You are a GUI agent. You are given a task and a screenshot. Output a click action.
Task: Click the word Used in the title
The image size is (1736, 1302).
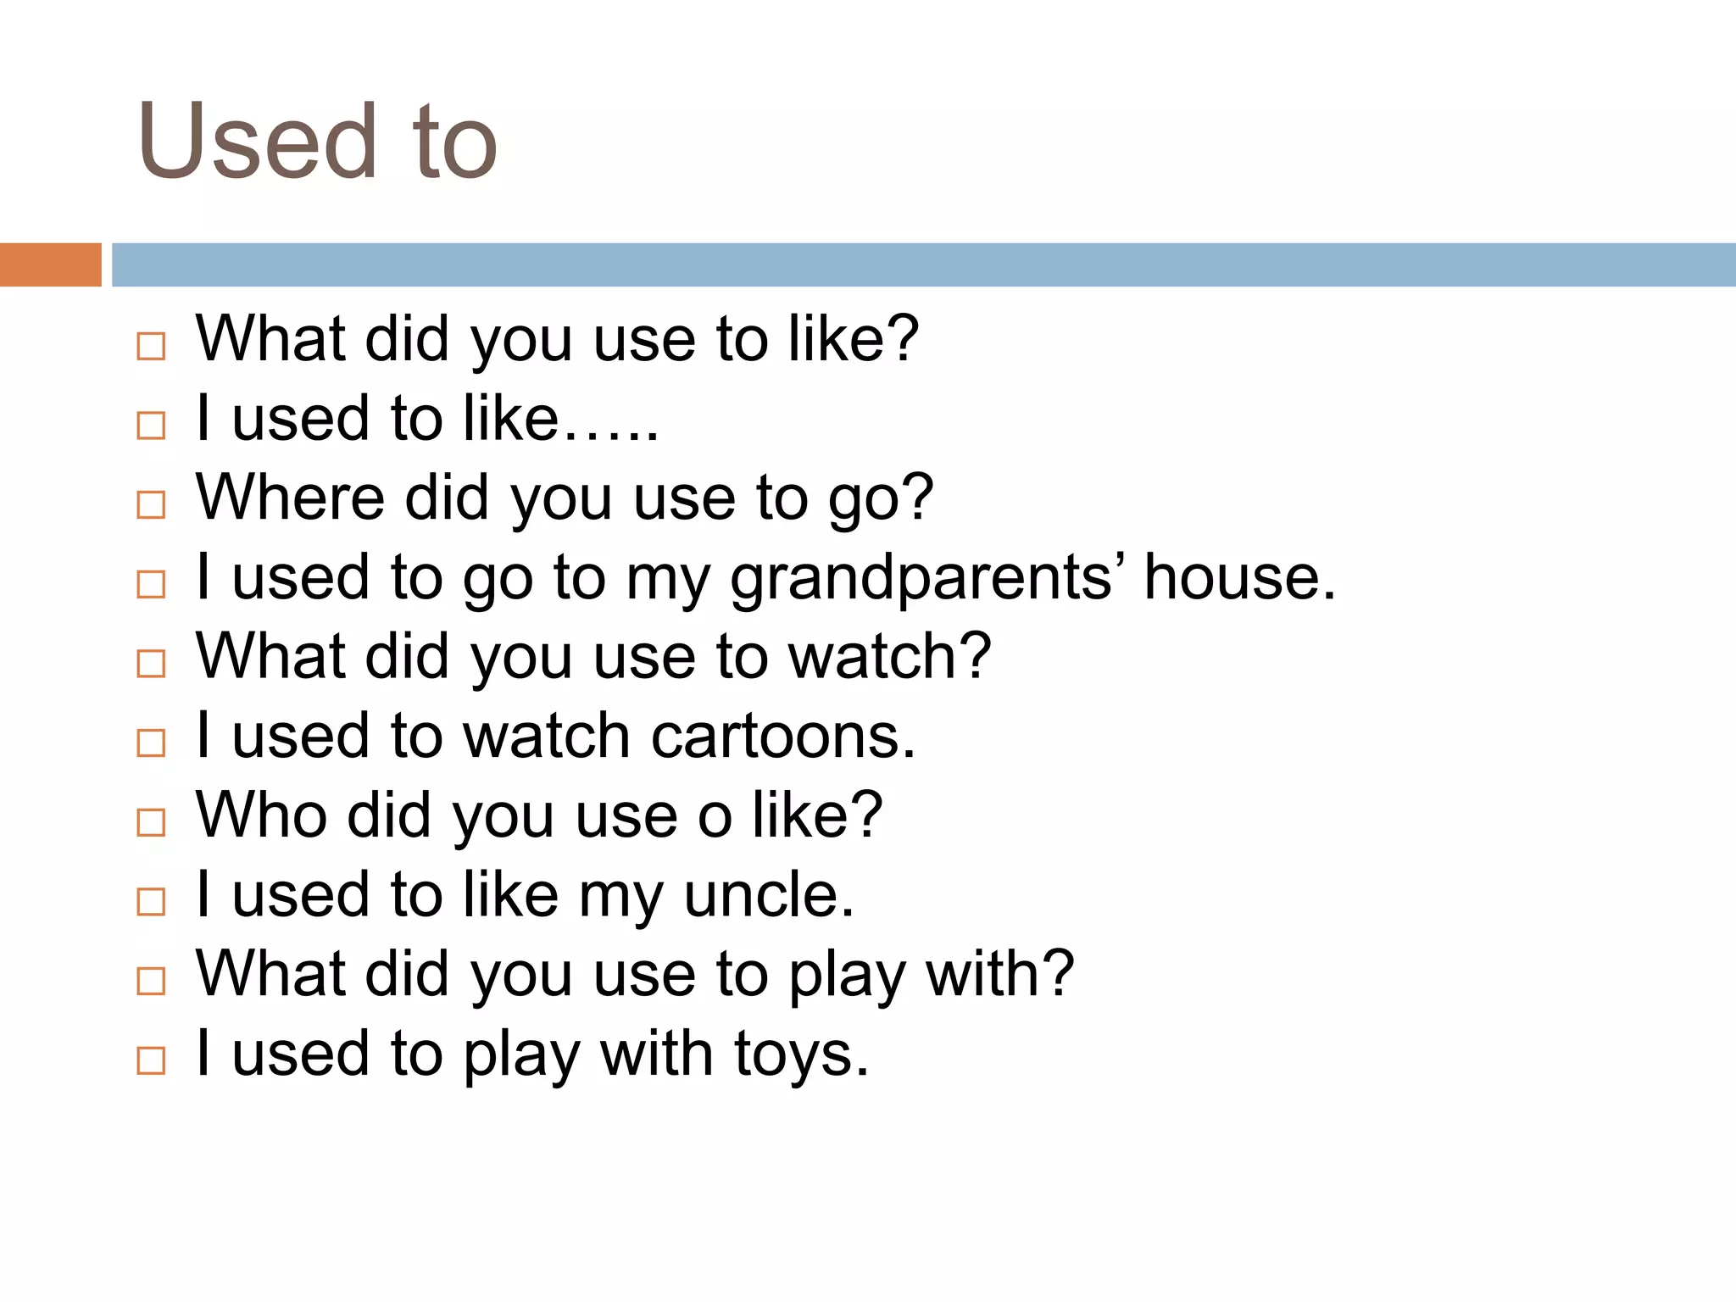257,142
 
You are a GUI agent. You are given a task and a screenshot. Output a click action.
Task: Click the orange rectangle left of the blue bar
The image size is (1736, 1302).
50,264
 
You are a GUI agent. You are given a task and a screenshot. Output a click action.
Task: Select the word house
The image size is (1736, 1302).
1238,577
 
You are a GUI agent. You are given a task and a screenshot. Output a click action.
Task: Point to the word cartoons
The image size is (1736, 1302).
783,736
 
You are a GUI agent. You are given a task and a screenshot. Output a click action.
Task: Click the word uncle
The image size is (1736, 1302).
769,895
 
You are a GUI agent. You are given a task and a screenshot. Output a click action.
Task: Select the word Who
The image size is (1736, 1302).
261,815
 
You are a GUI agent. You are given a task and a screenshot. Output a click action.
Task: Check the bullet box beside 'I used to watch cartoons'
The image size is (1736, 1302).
151,743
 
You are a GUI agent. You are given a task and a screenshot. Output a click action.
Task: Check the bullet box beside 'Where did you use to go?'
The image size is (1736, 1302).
151,504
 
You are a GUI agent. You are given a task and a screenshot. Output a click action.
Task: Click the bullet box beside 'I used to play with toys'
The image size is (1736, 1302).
151,1060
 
